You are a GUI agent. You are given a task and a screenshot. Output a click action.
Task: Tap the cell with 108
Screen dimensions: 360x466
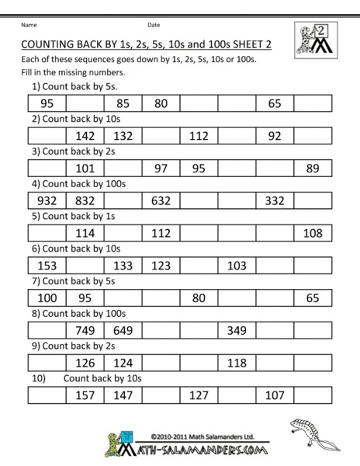(313, 233)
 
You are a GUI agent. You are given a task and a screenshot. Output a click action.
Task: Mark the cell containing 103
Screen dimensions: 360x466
(237, 266)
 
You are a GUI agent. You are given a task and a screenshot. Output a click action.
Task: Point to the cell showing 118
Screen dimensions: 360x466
(237, 363)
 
